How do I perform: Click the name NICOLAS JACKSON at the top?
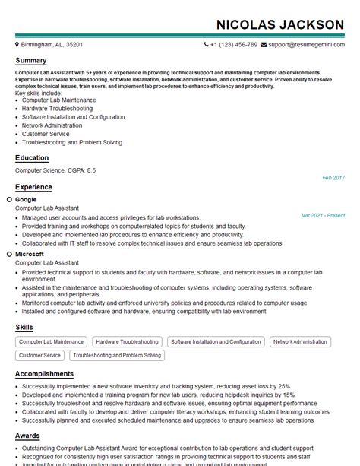click(279, 24)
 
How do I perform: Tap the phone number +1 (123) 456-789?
click(233, 45)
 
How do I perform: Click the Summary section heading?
click(30, 61)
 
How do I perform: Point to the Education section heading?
click(32, 158)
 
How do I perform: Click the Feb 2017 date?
click(333, 177)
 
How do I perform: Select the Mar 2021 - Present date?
click(322, 215)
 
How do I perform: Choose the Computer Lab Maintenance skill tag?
click(51, 342)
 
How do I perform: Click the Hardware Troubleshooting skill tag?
click(127, 342)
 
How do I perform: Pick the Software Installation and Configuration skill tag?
click(216, 342)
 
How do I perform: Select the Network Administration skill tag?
click(299, 342)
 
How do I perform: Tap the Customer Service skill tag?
click(40, 355)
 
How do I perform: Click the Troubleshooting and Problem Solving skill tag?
click(117, 355)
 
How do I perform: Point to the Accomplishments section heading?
click(44, 374)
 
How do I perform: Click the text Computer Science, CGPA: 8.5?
click(55, 170)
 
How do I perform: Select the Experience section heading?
click(33, 187)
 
